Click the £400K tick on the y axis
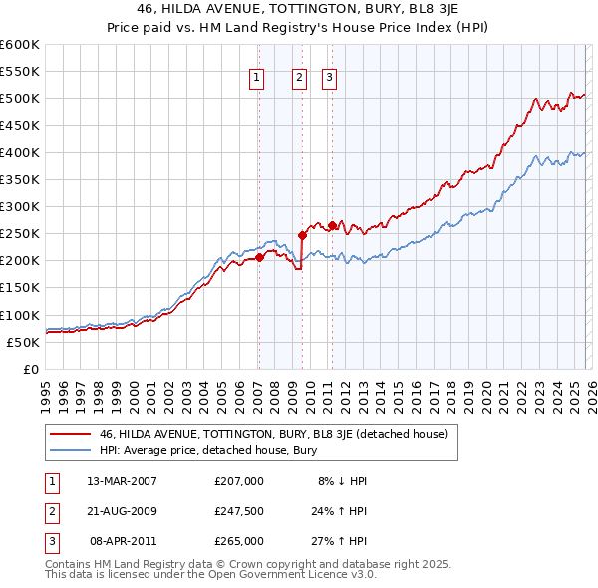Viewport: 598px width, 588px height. coord(20,152)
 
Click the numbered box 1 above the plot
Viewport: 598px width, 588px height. coord(257,79)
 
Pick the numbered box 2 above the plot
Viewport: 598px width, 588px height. coord(299,79)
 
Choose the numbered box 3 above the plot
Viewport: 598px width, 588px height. coord(330,79)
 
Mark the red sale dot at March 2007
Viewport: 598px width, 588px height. coord(259,257)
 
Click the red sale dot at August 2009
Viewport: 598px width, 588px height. coord(302,235)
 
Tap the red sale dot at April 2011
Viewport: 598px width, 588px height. coord(331,225)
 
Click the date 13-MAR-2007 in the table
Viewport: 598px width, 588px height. coord(123,480)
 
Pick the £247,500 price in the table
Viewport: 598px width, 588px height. coord(239,511)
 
